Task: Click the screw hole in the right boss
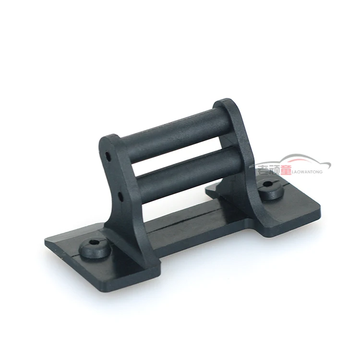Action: coord(267,184)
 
